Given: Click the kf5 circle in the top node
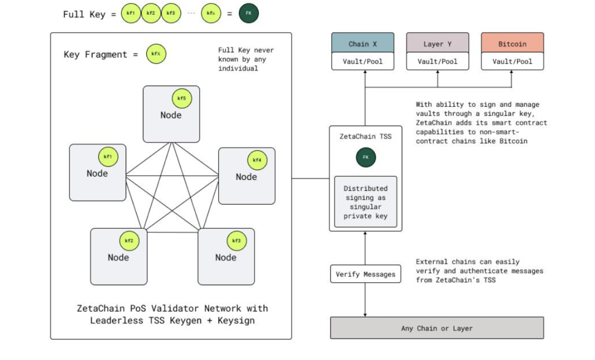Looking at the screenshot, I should [x=182, y=98].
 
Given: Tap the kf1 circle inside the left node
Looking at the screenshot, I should [x=108, y=157].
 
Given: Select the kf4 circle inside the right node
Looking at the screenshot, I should [x=257, y=160].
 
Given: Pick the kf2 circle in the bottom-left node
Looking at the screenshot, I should [x=129, y=240].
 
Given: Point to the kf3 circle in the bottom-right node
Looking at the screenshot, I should [x=236, y=240].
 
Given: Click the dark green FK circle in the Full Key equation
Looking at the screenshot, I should [x=249, y=13].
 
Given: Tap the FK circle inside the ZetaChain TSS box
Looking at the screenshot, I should [x=365, y=157].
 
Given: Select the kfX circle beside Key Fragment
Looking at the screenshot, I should [x=156, y=54].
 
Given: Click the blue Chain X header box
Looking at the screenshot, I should [x=363, y=44].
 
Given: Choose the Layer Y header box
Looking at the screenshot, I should [x=437, y=44].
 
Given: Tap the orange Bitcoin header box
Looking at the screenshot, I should [x=512, y=44].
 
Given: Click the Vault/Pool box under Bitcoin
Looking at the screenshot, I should [x=512, y=61].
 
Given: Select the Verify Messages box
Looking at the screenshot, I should [x=365, y=274].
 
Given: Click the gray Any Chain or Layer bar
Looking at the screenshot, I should [x=437, y=328].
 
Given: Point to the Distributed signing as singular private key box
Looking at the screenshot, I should [x=365, y=202].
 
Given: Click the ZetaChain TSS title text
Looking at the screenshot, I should [x=365, y=136].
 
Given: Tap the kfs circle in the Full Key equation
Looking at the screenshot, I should [x=211, y=13].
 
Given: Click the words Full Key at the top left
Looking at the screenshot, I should [x=84, y=14].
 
